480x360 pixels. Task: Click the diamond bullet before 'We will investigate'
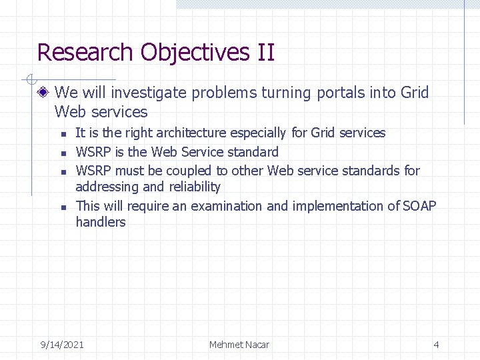click(44, 93)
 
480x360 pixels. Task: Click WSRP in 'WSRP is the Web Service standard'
click(91, 152)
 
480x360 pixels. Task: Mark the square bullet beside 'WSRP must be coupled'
click(62, 172)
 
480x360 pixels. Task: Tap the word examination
click(227, 206)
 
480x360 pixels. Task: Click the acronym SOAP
click(419, 206)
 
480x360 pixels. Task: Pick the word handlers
click(101, 222)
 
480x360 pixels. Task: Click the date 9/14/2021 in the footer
click(62, 345)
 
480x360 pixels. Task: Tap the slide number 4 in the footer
click(436, 345)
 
